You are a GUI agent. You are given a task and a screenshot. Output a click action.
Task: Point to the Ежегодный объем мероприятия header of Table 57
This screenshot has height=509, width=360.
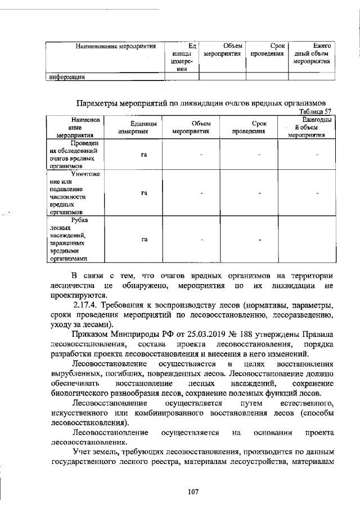(x=308, y=128)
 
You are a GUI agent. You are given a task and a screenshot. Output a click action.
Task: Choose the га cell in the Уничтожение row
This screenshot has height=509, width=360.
(x=144, y=193)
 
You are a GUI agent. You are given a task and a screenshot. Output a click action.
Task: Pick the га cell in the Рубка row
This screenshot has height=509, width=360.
(x=144, y=240)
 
